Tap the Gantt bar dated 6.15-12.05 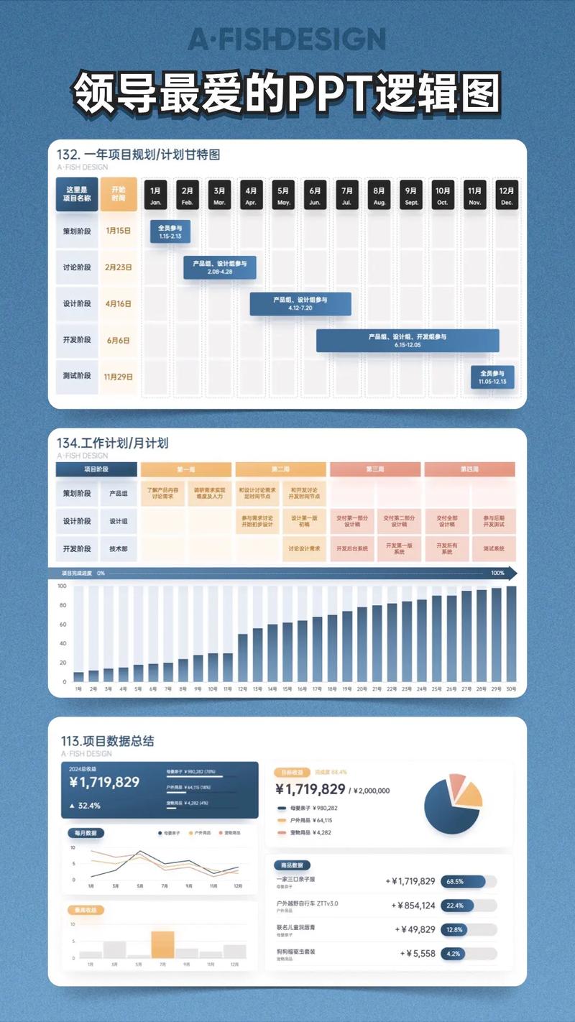408,341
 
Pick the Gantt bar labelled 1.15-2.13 170,231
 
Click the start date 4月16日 118,303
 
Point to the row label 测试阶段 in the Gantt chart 77,377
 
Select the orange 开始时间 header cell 118,194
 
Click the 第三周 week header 374,469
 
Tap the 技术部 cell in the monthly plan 118,548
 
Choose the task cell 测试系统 493,548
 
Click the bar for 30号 511,634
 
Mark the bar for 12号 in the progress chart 242,657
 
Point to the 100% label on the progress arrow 497,573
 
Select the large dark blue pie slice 446,812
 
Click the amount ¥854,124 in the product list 413,905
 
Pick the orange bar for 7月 162,944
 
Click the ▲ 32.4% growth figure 85,806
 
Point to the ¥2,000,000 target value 372,791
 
